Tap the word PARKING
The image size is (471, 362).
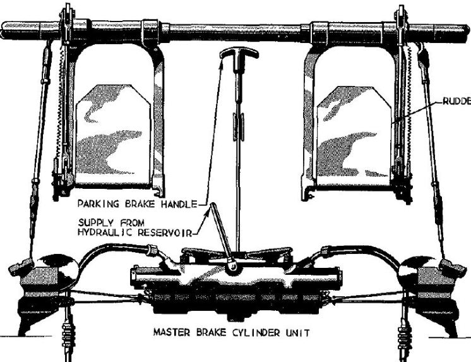pos(98,204)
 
